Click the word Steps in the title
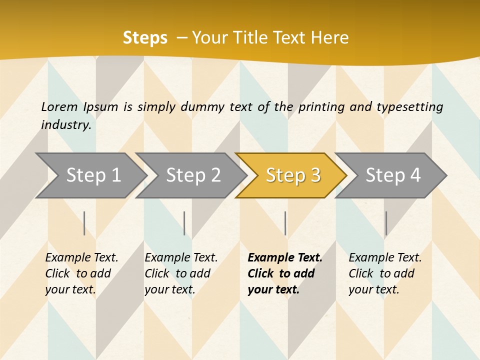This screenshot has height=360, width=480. coord(145,38)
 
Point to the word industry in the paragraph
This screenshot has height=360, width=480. coord(65,125)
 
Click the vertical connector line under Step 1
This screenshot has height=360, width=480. coord(84,223)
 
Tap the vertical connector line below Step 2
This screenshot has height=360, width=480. coord(184,223)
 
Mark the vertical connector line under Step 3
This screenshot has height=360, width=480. coord(285,223)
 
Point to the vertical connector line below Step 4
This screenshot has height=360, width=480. coord(386,223)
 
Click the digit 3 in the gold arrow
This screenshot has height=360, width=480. coord(314,175)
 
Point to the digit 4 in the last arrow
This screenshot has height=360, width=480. coord(414,175)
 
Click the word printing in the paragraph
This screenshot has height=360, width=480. coord(321,107)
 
